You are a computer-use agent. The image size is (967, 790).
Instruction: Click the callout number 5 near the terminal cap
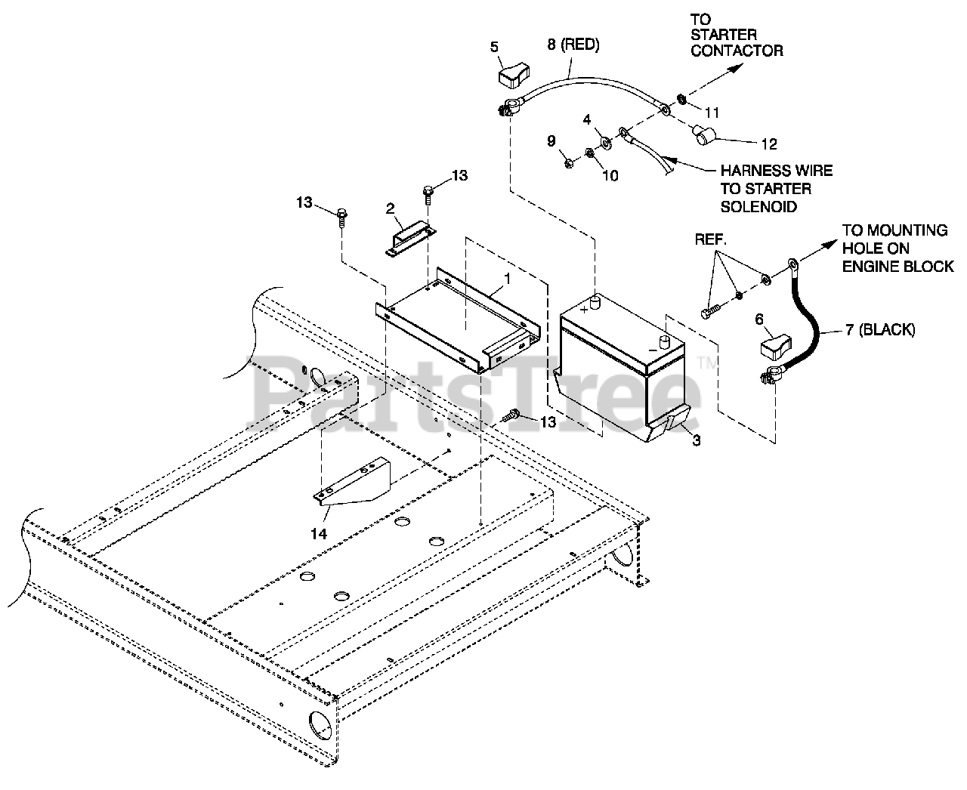pyautogui.click(x=494, y=47)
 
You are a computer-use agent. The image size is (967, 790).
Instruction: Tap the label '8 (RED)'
pyautogui.click(x=573, y=45)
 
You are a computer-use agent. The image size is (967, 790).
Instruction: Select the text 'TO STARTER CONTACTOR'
pyautogui.click(x=737, y=37)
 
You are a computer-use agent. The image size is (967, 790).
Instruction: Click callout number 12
pyautogui.click(x=768, y=143)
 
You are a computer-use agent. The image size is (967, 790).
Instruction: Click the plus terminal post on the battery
pyautogui.click(x=595, y=304)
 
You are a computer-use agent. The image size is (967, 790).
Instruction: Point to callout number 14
pyautogui.click(x=319, y=533)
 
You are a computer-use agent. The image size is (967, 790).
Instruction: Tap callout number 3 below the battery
pyautogui.click(x=696, y=440)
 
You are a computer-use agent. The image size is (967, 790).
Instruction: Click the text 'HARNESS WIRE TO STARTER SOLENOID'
pyautogui.click(x=776, y=189)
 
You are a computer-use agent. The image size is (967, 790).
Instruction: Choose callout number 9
pyautogui.click(x=551, y=140)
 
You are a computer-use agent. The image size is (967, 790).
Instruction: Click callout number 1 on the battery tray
pyautogui.click(x=508, y=278)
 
